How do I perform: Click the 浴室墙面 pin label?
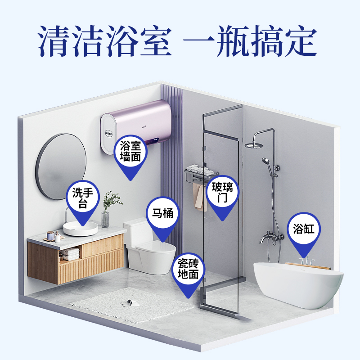coord(130,151)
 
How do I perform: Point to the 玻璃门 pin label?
coord(223,192)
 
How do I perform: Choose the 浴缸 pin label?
coord(304,229)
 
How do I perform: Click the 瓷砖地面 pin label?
coord(188,269)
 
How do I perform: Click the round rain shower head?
coord(254,145)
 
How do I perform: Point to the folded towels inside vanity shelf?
coord(70,254)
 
